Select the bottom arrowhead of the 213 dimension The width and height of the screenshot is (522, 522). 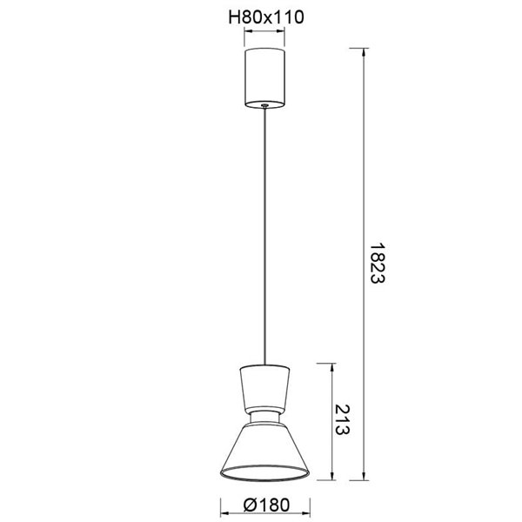[330, 475]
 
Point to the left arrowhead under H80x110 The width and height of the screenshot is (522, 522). [248, 33]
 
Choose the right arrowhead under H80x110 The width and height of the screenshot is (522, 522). [284, 33]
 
